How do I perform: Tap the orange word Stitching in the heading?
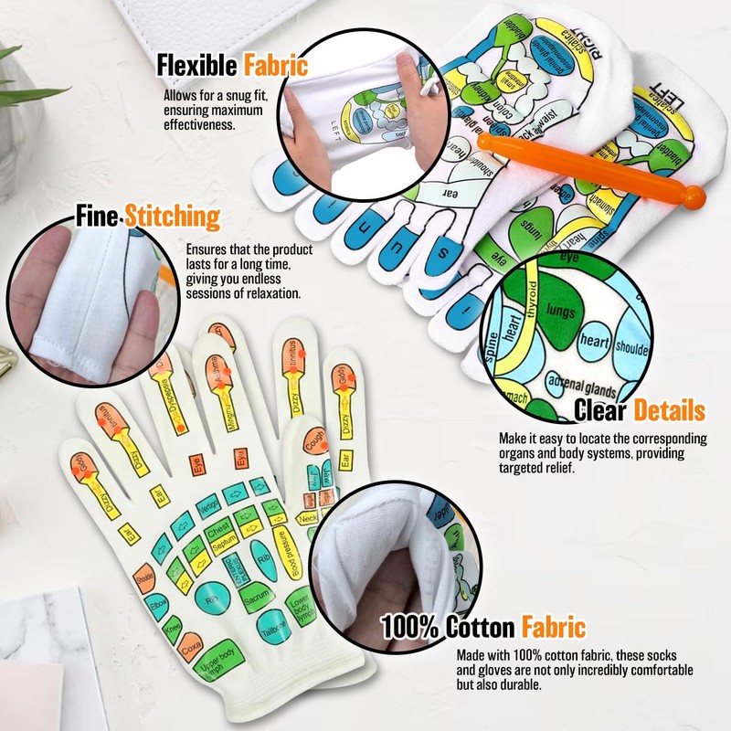pyautogui.click(x=172, y=217)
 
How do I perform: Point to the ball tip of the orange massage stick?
pyautogui.click(x=696, y=196)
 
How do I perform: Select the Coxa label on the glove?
pyautogui.click(x=190, y=644)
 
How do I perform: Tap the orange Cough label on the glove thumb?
pyautogui.click(x=313, y=441)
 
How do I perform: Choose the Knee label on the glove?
pyautogui.click(x=173, y=626)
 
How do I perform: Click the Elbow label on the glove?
pyautogui.click(x=157, y=604)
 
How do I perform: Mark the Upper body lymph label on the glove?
pyautogui.click(x=221, y=670)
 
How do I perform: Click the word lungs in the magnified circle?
pyautogui.click(x=558, y=312)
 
